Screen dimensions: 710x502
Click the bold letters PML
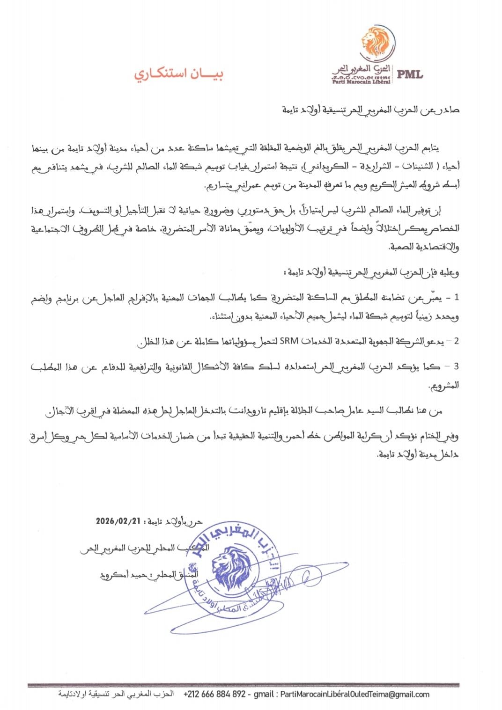point(410,74)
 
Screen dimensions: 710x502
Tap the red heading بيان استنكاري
point(179,73)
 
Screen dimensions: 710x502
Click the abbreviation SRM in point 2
point(288,341)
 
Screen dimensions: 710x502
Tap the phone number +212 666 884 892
point(214,694)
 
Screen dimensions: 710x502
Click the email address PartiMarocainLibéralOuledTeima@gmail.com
point(354,694)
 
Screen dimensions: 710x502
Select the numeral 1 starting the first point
point(457,298)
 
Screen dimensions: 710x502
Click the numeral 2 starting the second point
point(457,341)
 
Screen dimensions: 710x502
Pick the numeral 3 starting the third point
point(457,366)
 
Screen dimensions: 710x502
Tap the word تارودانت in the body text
point(247,411)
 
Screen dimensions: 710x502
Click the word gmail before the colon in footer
point(264,694)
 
